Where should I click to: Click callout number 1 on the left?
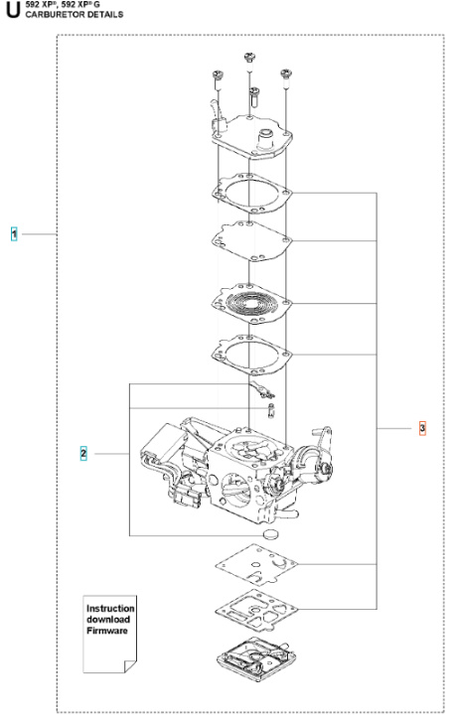click(x=14, y=233)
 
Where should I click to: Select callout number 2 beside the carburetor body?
click(x=83, y=454)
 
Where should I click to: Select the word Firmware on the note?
click(x=106, y=631)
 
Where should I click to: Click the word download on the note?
click(x=106, y=620)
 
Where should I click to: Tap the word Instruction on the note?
click(x=110, y=608)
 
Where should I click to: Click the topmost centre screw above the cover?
click(x=248, y=62)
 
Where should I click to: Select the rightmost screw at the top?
click(x=286, y=74)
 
